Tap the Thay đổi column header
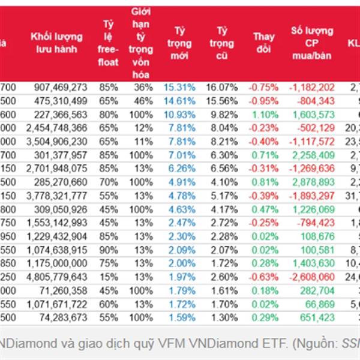pyautogui.click(x=264, y=43)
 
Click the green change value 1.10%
pyautogui.click(x=265, y=114)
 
